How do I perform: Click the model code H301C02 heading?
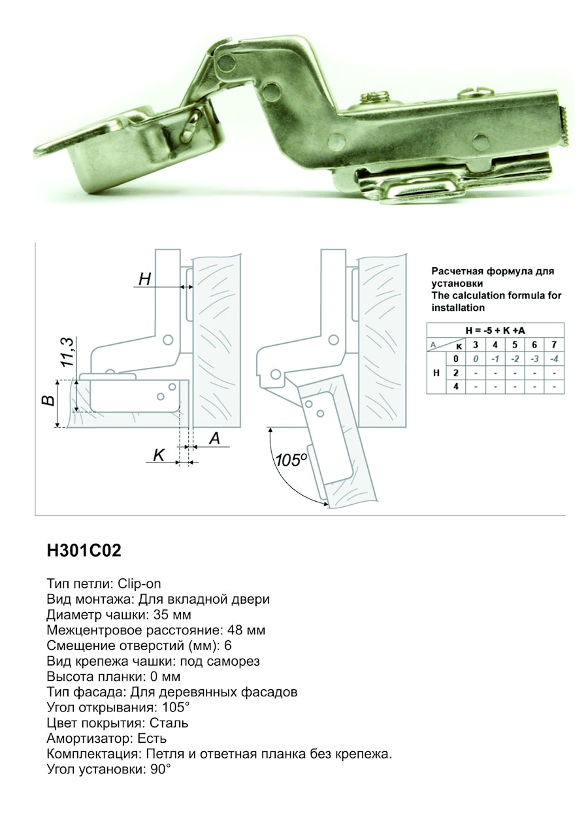click(84, 551)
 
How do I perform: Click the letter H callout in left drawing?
click(145, 279)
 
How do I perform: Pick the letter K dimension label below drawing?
click(159, 455)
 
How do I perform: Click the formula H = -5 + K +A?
click(495, 331)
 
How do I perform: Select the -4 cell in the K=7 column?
click(554, 359)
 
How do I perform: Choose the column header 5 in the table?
click(515, 345)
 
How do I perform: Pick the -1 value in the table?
click(495, 359)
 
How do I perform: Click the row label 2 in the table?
click(455, 372)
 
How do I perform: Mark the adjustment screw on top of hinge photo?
click(376, 97)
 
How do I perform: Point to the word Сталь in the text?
click(169, 723)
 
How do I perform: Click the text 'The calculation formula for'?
click(496, 295)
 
